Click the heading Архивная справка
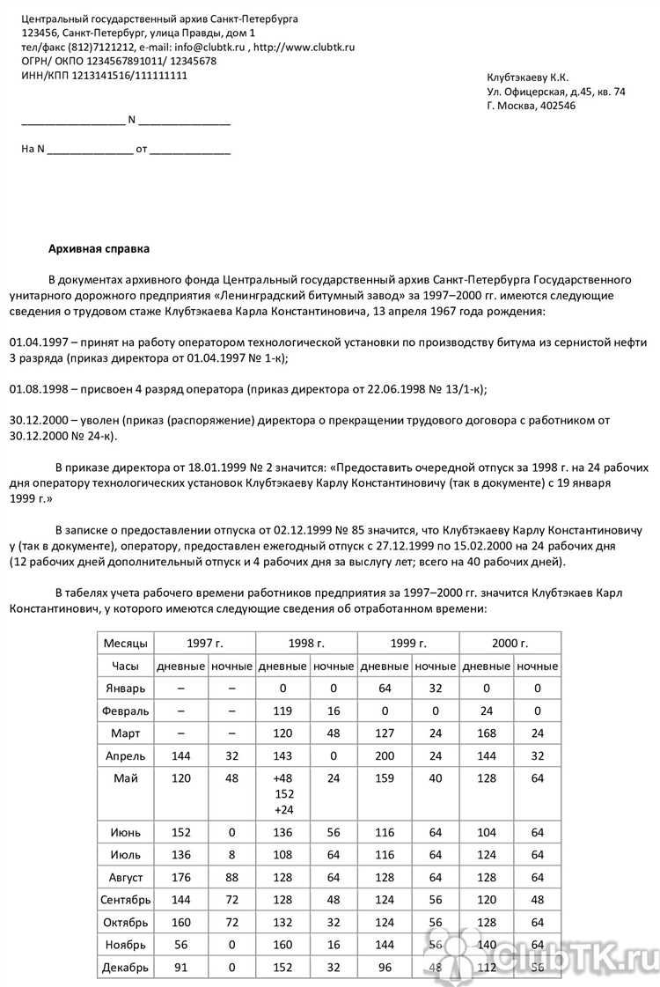(99, 249)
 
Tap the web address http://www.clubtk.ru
(304, 47)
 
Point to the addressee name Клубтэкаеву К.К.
(528, 77)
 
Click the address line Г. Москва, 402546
(531, 106)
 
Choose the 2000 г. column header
(510, 644)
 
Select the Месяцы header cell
(126, 644)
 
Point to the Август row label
(126, 878)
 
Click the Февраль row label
(126, 710)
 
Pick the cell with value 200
(385, 755)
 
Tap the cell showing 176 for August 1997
(181, 878)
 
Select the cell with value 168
(486, 733)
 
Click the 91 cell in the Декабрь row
(181, 969)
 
